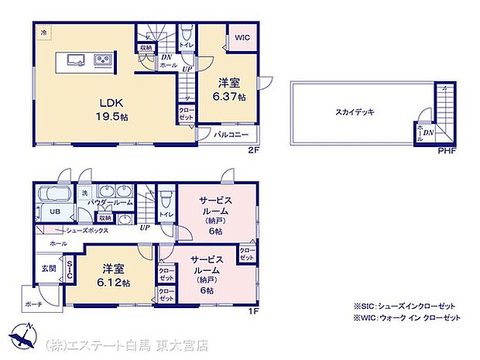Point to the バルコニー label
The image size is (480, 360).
231,135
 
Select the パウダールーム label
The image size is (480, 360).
108,204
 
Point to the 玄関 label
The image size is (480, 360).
48,269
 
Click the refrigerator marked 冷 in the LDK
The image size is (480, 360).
44,33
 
